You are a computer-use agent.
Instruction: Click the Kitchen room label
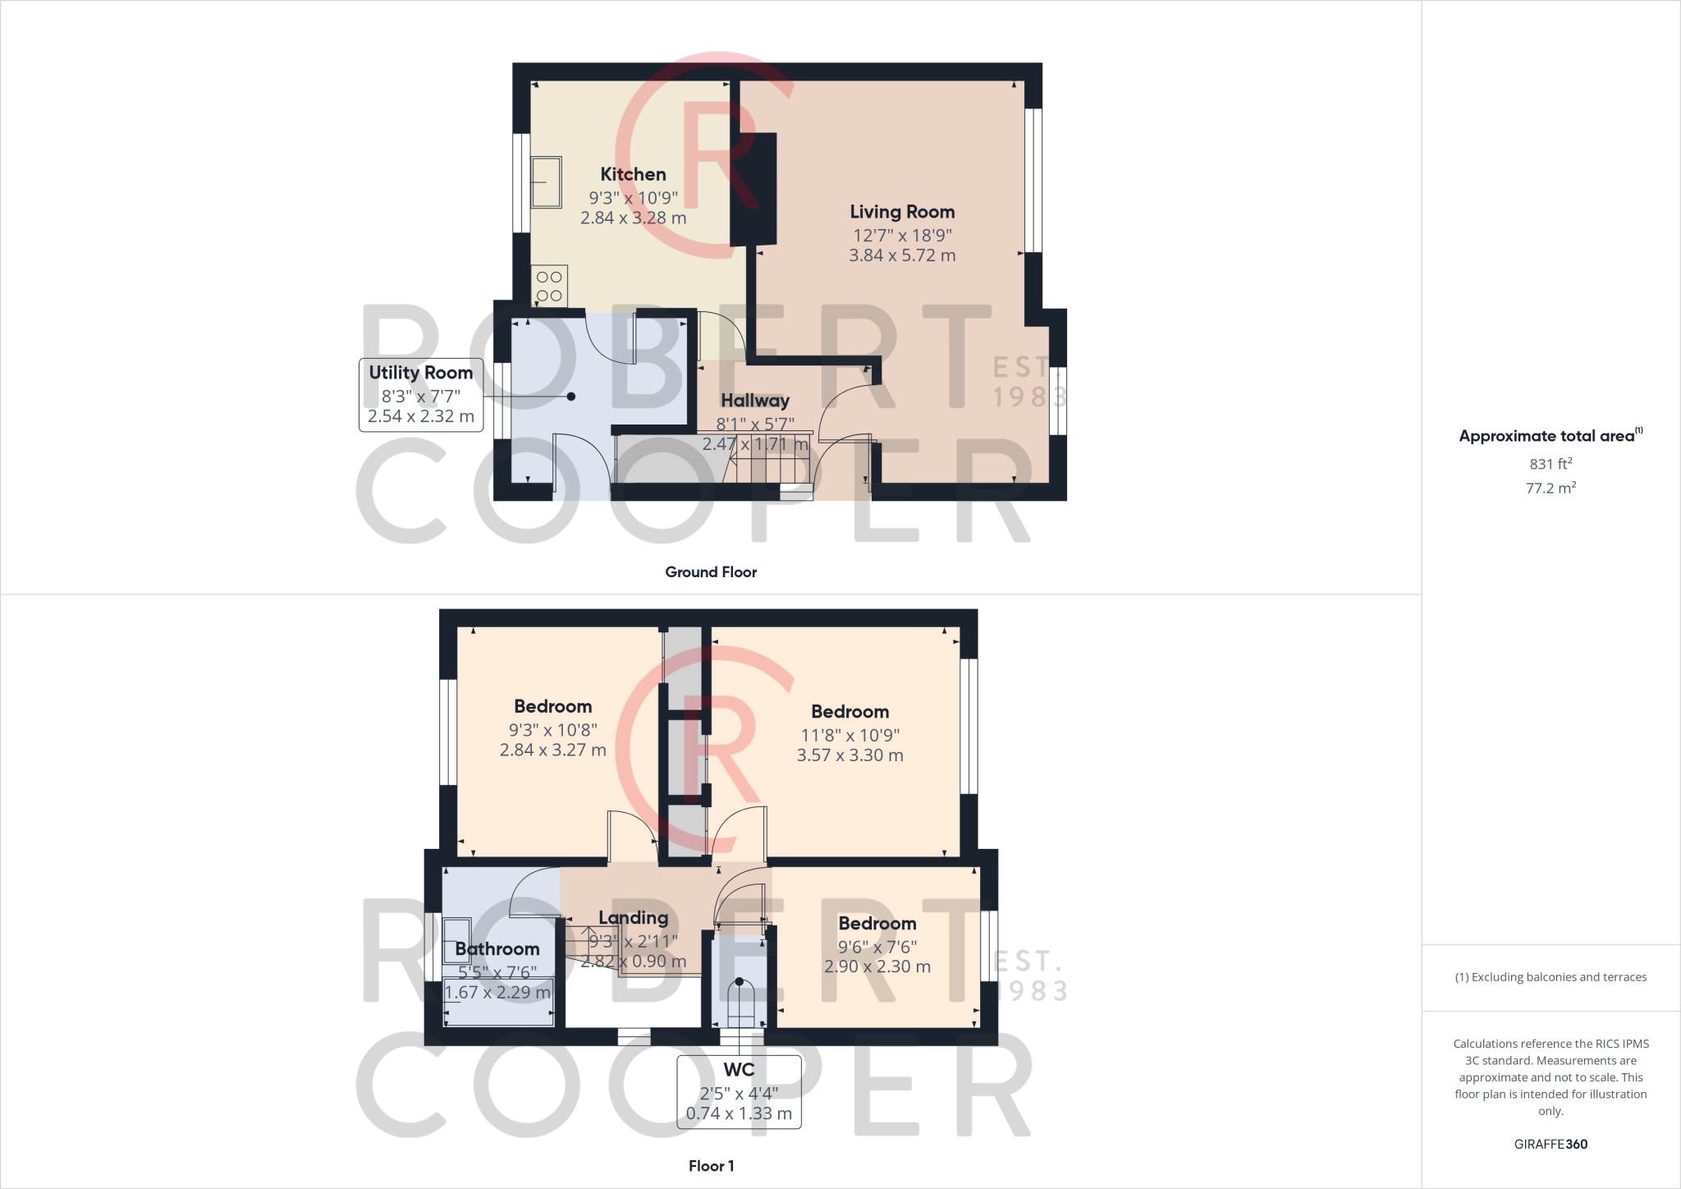(x=633, y=174)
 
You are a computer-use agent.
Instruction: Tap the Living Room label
(x=902, y=212)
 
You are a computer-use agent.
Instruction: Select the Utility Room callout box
(x=421, y=395)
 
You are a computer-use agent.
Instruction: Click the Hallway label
(x=755, y=401)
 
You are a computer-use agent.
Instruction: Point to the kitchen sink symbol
(x=546, y=182)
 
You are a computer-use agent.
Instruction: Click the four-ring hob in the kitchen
(x=549, y=287)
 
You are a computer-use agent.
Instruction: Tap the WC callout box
(x=739, y=1091)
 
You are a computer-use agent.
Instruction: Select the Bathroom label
(x=497, y=949)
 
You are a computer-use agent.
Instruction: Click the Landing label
(x=633, y=918)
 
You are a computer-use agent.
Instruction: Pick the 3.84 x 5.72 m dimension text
(x=902, y=255)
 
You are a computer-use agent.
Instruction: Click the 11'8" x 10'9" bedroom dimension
(x=850, y=735)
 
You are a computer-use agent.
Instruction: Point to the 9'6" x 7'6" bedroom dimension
(x=877, y=947)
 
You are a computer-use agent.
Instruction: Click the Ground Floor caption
(x=711, y=572)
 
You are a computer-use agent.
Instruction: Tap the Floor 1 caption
(x=712, y=1166)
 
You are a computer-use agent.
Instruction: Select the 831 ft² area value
(x=1550, y=464)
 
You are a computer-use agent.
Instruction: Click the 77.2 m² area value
(x=1550, y=488)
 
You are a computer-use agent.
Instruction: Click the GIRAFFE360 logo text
(x=1550, y=1144)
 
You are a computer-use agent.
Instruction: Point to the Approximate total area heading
(x=1550, y=436)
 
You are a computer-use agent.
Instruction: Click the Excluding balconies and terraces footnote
(x=1550, y=977)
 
